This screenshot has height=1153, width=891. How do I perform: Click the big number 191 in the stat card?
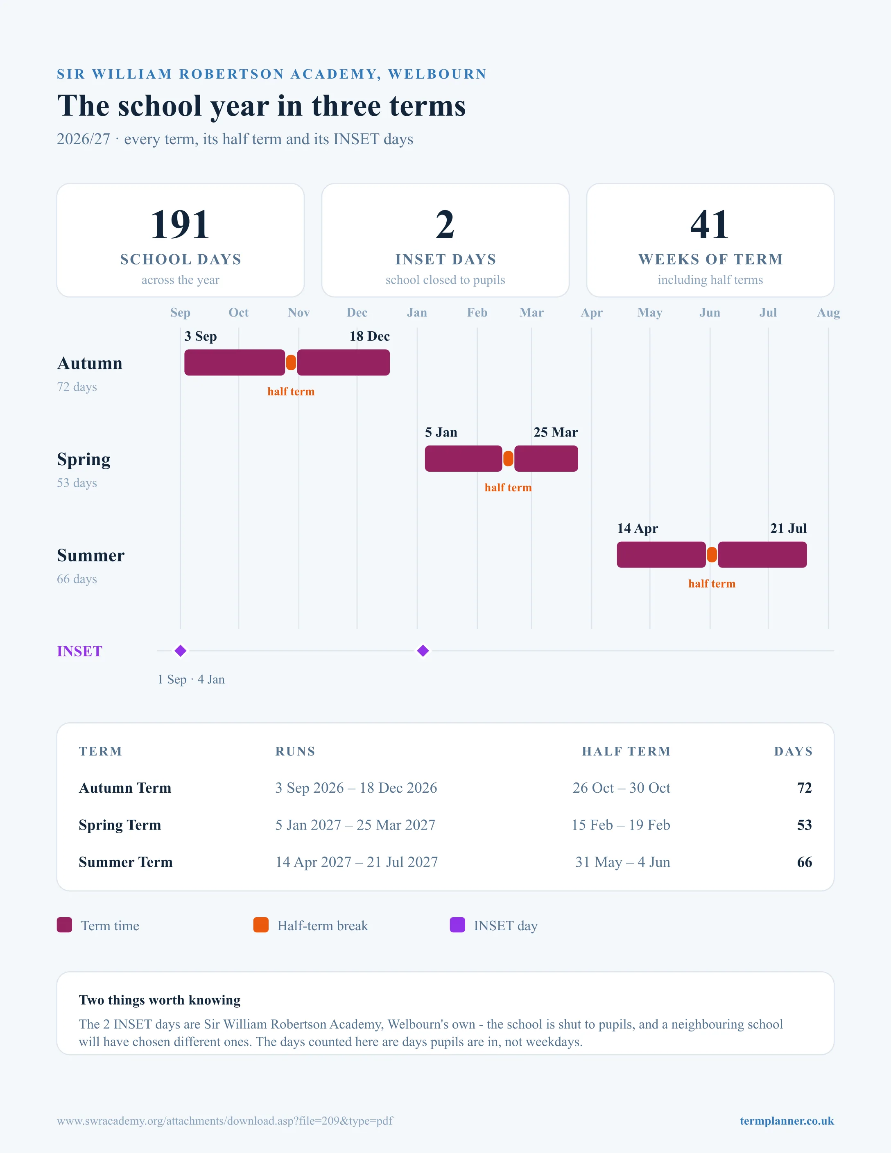point(180,224)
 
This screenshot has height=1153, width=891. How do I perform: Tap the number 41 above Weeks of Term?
point(710,224)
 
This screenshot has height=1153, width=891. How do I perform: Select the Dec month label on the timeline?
point(357,312)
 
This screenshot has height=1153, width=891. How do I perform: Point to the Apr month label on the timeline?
point(592,312)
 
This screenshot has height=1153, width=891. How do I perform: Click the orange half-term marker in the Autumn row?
point(291,363)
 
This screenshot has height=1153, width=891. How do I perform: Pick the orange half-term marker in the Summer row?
point(712,555)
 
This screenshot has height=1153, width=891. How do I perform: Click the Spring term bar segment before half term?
point(464,459)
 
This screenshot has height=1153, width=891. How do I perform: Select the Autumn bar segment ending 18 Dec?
point(344,363)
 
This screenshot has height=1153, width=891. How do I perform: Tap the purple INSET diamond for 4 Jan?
point(423,651)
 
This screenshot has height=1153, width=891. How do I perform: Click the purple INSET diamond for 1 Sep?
point(181,651)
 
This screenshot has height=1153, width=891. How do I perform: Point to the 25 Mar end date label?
point(556,432)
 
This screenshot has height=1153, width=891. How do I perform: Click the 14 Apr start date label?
point(638,529)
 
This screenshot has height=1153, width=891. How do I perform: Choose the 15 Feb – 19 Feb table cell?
point(621,825)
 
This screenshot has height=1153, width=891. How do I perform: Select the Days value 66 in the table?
point(805,862)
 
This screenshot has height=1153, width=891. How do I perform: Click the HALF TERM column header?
point(626,751)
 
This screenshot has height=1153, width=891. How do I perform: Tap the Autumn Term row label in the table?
point(125,788)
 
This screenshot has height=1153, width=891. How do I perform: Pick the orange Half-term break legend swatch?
point(261,925)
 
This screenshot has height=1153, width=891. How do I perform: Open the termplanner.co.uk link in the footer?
point(787,1121)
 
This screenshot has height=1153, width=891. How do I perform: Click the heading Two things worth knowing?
point(159,1000)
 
